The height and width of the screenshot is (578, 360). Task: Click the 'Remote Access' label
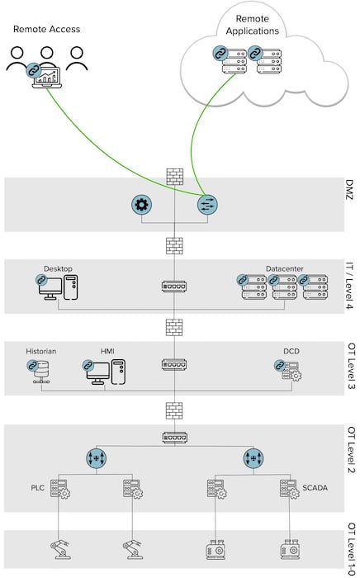[x=47, y=30]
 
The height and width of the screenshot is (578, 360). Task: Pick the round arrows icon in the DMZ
[x=207, y=204]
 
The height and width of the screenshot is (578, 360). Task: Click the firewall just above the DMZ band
[x=174, y=176]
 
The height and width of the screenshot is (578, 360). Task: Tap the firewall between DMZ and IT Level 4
[x=174, y=246]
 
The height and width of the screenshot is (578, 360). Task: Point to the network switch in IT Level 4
[x=174, y=287]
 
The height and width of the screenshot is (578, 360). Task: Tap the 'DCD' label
[x=291, y=351]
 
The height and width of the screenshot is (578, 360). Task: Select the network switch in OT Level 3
[x=174, y=364]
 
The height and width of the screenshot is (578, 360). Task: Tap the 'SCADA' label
[x=315, y=487]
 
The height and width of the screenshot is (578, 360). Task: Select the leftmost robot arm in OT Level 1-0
[x=62, y=548]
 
